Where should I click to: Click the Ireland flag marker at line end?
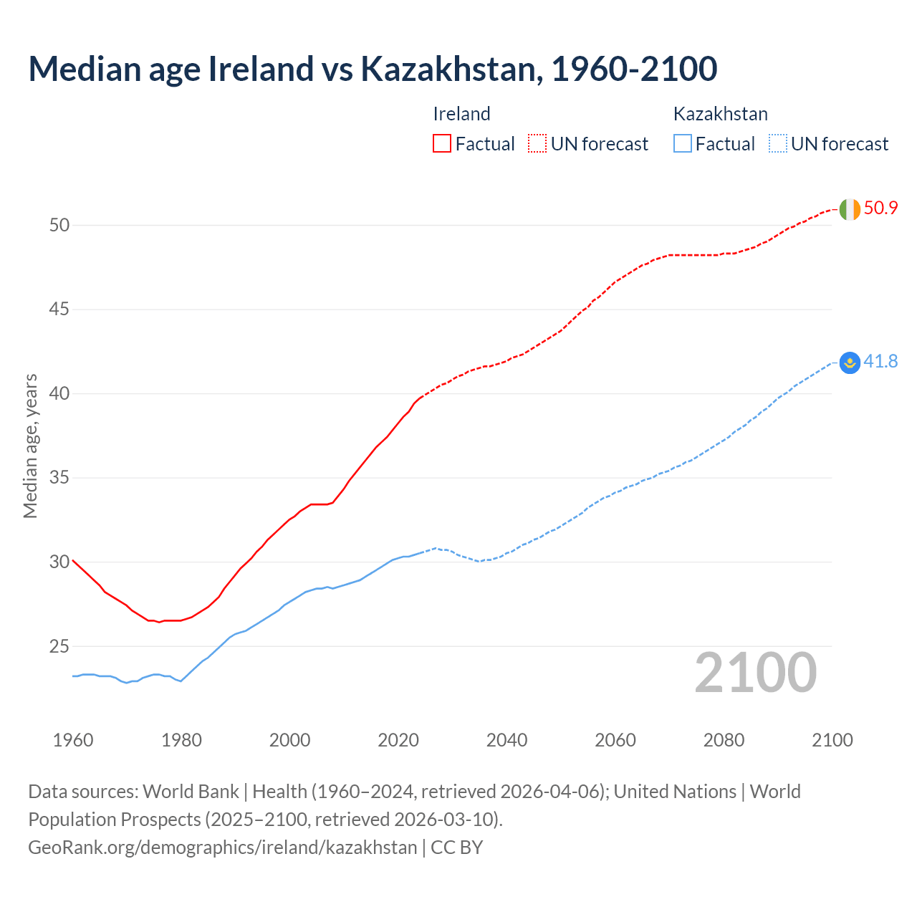[850, 209]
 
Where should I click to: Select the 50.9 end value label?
[880, 208]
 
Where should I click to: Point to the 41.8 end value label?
[880, 362]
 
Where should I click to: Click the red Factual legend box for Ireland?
[442, 144]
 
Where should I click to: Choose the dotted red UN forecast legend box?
[537, 144]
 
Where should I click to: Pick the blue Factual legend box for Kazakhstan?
[683, 144]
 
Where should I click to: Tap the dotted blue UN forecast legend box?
[777, 144]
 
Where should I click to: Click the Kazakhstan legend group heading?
[720, 114]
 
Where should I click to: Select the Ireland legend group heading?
[461, 114]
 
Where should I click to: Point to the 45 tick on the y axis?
[59, 309]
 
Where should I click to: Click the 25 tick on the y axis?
[59, 646]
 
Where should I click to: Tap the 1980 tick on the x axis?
[181, 740]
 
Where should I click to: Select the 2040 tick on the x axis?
[506, 740]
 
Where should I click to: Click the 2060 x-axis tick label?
[615, 740]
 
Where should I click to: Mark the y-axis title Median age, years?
[30, 446]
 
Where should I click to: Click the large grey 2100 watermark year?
[755, 673]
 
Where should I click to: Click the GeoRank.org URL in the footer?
[222, 848]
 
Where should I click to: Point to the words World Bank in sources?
[191, 792]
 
